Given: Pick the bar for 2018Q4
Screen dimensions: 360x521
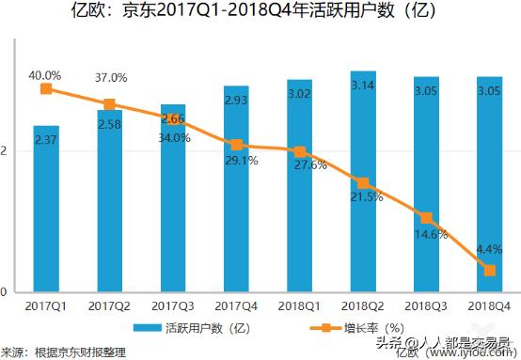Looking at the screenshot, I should click(490, 184).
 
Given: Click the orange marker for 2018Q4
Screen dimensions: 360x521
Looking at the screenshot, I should click(490, 271).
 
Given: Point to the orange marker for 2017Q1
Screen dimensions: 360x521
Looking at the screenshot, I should click(46, 89).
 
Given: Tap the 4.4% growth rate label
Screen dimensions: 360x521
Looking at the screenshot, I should click(489, 250).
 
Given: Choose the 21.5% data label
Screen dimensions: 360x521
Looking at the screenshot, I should click(365, 197).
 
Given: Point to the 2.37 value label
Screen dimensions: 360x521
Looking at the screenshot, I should click(46, 140).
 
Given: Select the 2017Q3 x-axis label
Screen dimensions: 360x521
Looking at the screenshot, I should click(173, 306).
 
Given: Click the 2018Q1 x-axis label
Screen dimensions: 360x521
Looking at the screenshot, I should click(300, 306).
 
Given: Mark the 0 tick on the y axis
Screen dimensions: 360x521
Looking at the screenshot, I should click(5, 292).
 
